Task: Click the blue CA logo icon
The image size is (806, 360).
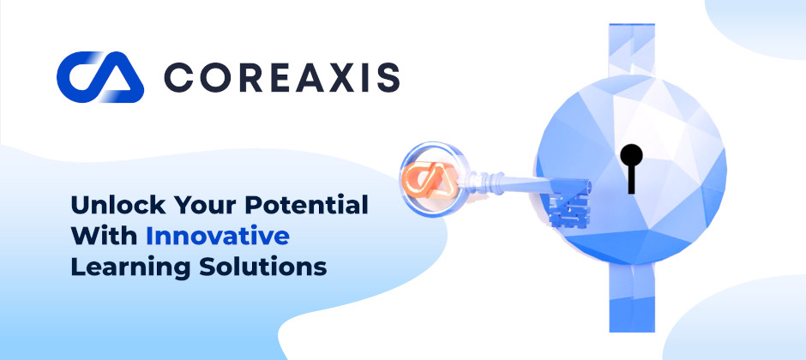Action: [x=100, y=77]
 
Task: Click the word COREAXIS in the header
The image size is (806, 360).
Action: [x=282, y=77]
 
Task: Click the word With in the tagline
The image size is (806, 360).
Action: [x=104, y=236]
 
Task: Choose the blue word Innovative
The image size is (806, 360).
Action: [x=218, y=236]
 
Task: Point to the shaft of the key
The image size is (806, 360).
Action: [x=519, y=183]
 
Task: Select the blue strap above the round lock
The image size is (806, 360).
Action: [x=632, y=50]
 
